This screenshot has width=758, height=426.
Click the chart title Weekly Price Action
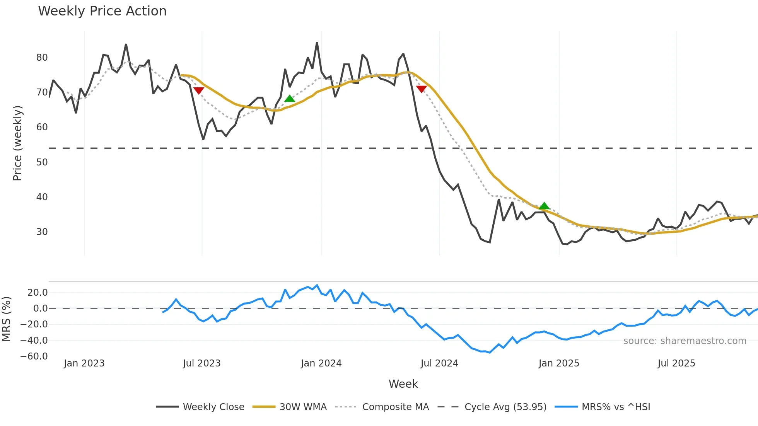102,11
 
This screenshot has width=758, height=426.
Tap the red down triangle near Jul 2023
198,90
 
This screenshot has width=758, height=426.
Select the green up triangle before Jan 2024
290,99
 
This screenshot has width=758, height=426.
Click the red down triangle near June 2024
421,89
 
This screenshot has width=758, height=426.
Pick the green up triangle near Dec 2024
544,206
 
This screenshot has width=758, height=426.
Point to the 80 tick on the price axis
42,58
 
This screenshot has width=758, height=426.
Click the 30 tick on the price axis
42,232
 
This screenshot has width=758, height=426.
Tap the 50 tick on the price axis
42,162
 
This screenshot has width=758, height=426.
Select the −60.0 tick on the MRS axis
34,356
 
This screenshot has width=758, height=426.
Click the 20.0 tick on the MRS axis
38,293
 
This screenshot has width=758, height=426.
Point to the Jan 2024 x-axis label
321,363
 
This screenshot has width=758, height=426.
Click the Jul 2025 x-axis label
676,363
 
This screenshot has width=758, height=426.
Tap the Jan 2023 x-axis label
84,363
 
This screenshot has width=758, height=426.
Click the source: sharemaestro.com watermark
685,341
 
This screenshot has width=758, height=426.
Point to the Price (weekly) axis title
17,143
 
